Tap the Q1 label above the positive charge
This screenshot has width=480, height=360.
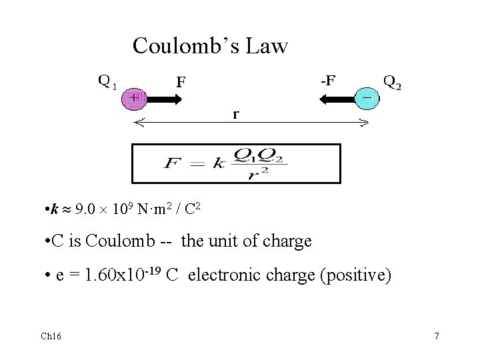(107, 82)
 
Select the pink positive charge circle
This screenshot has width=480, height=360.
(135, 98)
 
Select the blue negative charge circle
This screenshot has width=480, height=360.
(367, 98)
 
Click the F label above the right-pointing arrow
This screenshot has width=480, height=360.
(180, 83)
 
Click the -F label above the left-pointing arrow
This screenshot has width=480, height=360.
(327, 81)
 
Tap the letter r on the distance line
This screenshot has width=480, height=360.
(235, 114)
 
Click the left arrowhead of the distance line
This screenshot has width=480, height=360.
(138, 123)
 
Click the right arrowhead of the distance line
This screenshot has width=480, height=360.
(364, 123)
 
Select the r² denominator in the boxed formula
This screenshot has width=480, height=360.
(257, 173)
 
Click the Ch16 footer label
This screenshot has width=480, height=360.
(50, 336)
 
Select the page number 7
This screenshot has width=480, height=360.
(436, 336)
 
